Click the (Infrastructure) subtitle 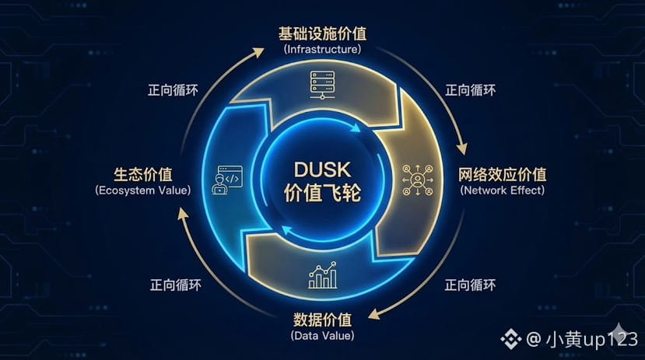pos(322,49)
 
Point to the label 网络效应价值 pos(503,173)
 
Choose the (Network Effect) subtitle pos(503,189)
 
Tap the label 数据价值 pos(322,320)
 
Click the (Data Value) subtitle pos(322,336)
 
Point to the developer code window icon pos(226,179)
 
